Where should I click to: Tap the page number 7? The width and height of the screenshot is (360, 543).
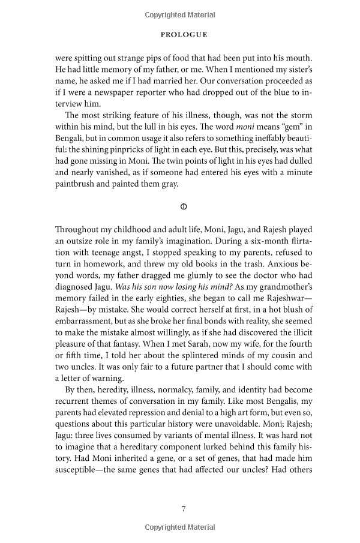tap(184, 509)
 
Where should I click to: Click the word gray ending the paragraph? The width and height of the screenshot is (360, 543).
tap(170, 184)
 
